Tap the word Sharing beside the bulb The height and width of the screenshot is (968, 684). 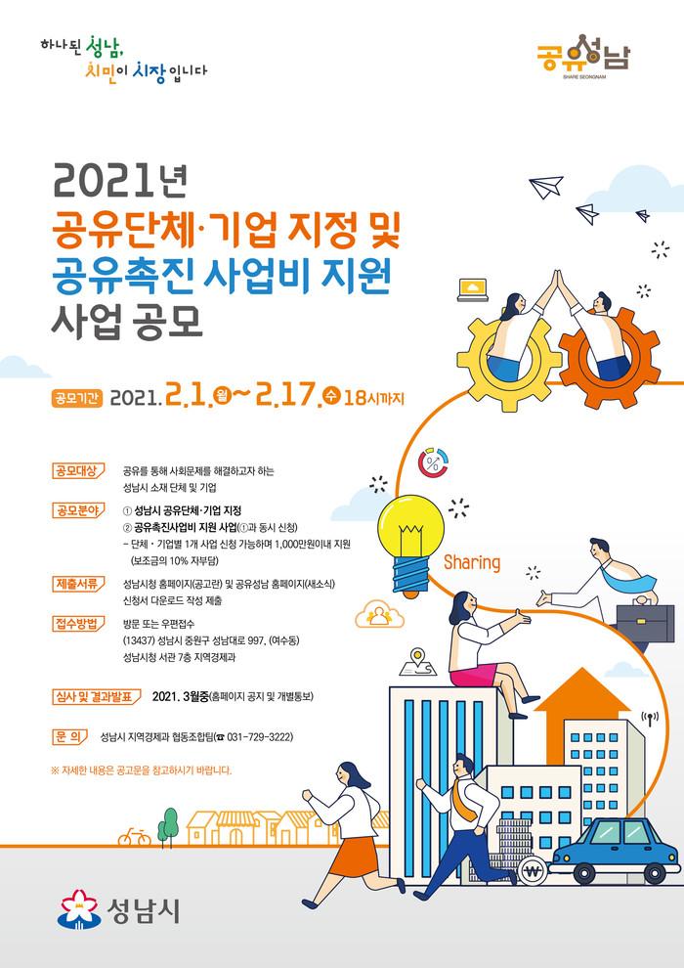click(472, 563)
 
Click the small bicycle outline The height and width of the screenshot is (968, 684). click(135, 837)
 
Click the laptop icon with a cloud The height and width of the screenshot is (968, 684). click(473, 289)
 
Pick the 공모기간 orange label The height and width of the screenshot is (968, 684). click(76, 398)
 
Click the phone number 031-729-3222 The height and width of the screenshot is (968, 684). click(260, 737)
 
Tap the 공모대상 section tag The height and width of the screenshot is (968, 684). click(78, 470)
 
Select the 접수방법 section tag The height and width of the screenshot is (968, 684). click(78, 624)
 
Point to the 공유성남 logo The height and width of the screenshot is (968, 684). click(583, 57)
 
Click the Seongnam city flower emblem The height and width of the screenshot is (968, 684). click(78, 909)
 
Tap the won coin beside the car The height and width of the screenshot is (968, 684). click(533, 872)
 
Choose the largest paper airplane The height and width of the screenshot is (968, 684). click(546, 186)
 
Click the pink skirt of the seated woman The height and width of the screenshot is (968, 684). click(473, 675)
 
